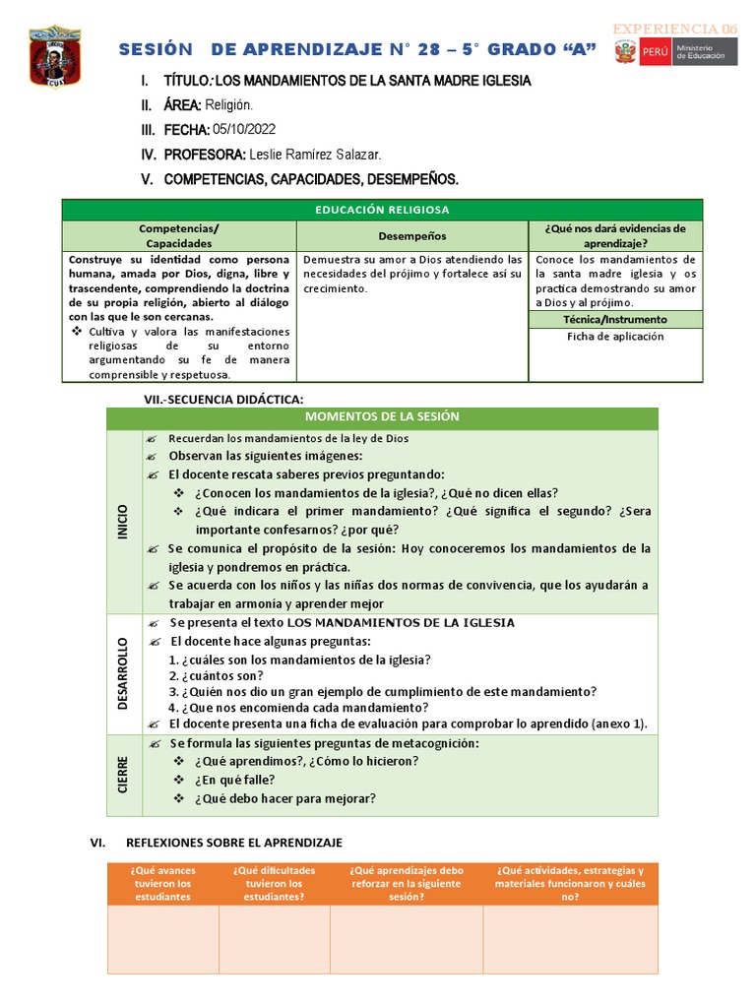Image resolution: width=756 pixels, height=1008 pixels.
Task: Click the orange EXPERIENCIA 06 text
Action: click(675, 29)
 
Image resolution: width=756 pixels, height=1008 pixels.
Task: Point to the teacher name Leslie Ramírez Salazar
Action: click(315, 155)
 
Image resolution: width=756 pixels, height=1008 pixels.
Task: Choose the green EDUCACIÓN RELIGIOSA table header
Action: click(382, 210)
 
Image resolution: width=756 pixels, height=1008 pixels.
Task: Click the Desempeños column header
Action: click(411, 236)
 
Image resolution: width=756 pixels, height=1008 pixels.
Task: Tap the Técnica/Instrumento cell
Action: click(615, 319)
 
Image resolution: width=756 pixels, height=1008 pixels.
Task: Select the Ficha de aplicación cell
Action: click(615, 337)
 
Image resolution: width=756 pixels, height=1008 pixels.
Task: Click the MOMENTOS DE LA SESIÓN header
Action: click(382, 416)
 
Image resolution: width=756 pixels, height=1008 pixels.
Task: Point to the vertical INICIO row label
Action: click(123, 521)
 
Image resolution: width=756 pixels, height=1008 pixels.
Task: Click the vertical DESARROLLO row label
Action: click(123, 673)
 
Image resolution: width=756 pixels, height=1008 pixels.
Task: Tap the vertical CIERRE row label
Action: click(123, 775)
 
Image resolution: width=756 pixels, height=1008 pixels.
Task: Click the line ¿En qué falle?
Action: click(234, 780)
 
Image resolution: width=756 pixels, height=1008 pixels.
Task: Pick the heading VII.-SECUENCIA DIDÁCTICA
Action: click(223, 398)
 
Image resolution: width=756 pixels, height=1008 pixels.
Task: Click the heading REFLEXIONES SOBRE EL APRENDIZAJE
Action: click(233, 843)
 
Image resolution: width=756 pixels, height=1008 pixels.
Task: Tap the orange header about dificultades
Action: click(274, 884)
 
